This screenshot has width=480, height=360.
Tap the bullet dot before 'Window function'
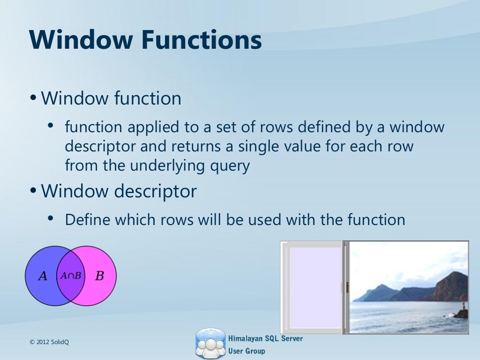coord(33,99)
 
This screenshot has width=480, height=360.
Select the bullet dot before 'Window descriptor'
coord(33,191)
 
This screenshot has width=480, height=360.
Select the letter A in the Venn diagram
coord(43,276)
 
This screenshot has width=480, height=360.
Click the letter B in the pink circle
coord(99,276)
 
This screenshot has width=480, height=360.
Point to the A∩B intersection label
coord(70,276)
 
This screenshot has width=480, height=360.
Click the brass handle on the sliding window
coord(347,287)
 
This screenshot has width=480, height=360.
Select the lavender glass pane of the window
coord(315,287)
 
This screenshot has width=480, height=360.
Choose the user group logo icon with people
coord(210,344)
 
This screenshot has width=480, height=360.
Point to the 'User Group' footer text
coord(246,351)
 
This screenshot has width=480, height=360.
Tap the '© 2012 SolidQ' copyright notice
coord(49,342)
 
